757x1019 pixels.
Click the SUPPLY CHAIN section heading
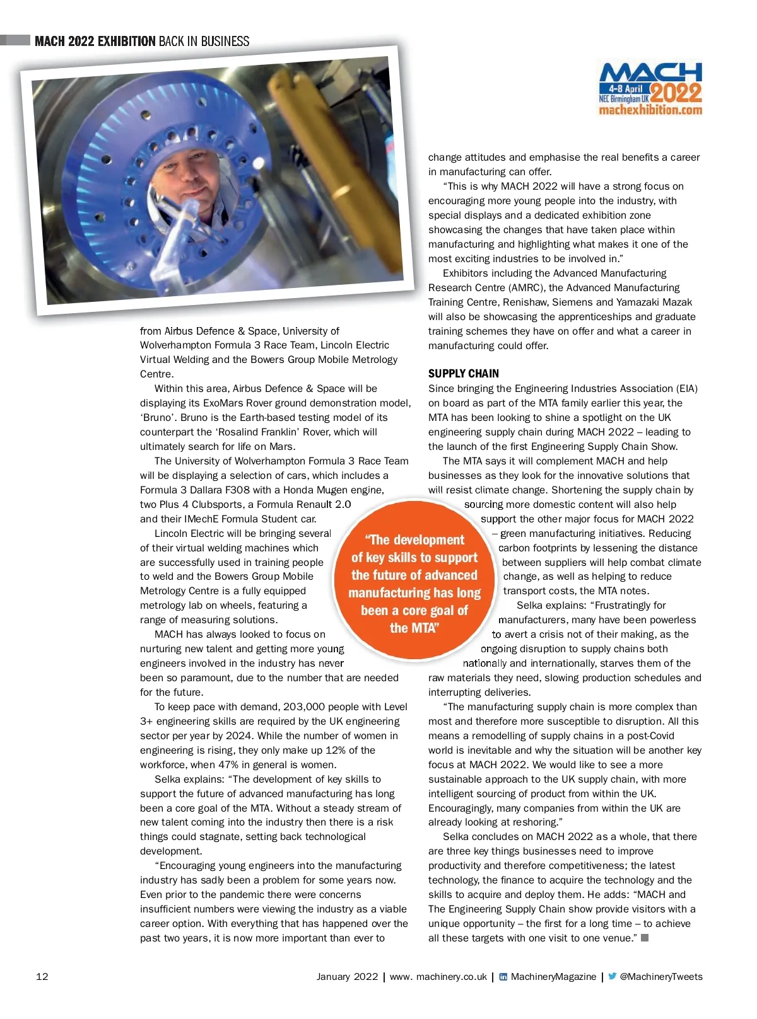coord(463,373)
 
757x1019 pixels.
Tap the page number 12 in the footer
coord(42,976)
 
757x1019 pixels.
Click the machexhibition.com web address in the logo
coord(650,110)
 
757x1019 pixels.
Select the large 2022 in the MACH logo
coord(676,93)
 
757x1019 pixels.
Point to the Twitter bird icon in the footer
coord(612,976)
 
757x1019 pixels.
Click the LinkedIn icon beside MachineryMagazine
coord(503,977)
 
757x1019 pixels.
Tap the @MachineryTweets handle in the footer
coord(661,976)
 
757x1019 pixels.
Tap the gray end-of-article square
coord(645,938)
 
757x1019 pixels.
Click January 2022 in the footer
coord(347,976)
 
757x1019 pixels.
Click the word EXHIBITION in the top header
coord(126,42)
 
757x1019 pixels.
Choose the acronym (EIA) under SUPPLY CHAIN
coord(684,388)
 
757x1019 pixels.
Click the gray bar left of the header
coord(15,40)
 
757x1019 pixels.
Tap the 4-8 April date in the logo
coord(625,89)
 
